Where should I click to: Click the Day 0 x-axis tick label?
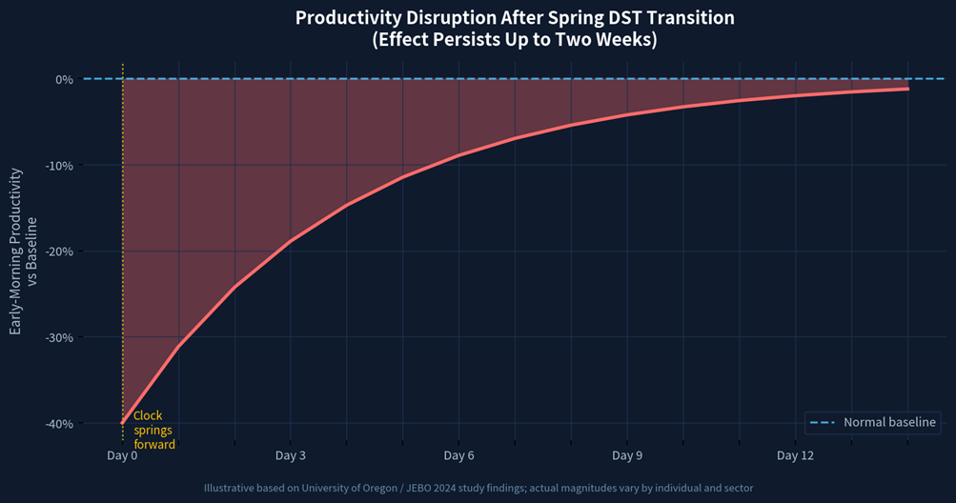[122, 455]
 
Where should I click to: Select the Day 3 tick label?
[290, 455]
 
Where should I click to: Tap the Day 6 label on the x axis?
[458, 455]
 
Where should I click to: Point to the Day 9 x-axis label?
[627, 455]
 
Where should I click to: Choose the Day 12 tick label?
[795, 455]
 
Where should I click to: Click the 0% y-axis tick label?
[64, 79]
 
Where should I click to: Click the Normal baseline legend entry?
[872, 422]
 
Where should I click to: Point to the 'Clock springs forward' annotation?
[153, 430]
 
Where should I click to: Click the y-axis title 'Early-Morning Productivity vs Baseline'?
[23, 251]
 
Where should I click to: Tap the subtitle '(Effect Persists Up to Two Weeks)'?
[515, 40]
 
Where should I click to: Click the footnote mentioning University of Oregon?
[478, 488]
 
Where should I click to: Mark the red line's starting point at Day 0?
[123, 423]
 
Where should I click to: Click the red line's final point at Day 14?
[907, 89]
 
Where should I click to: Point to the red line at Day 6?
[458, 155]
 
